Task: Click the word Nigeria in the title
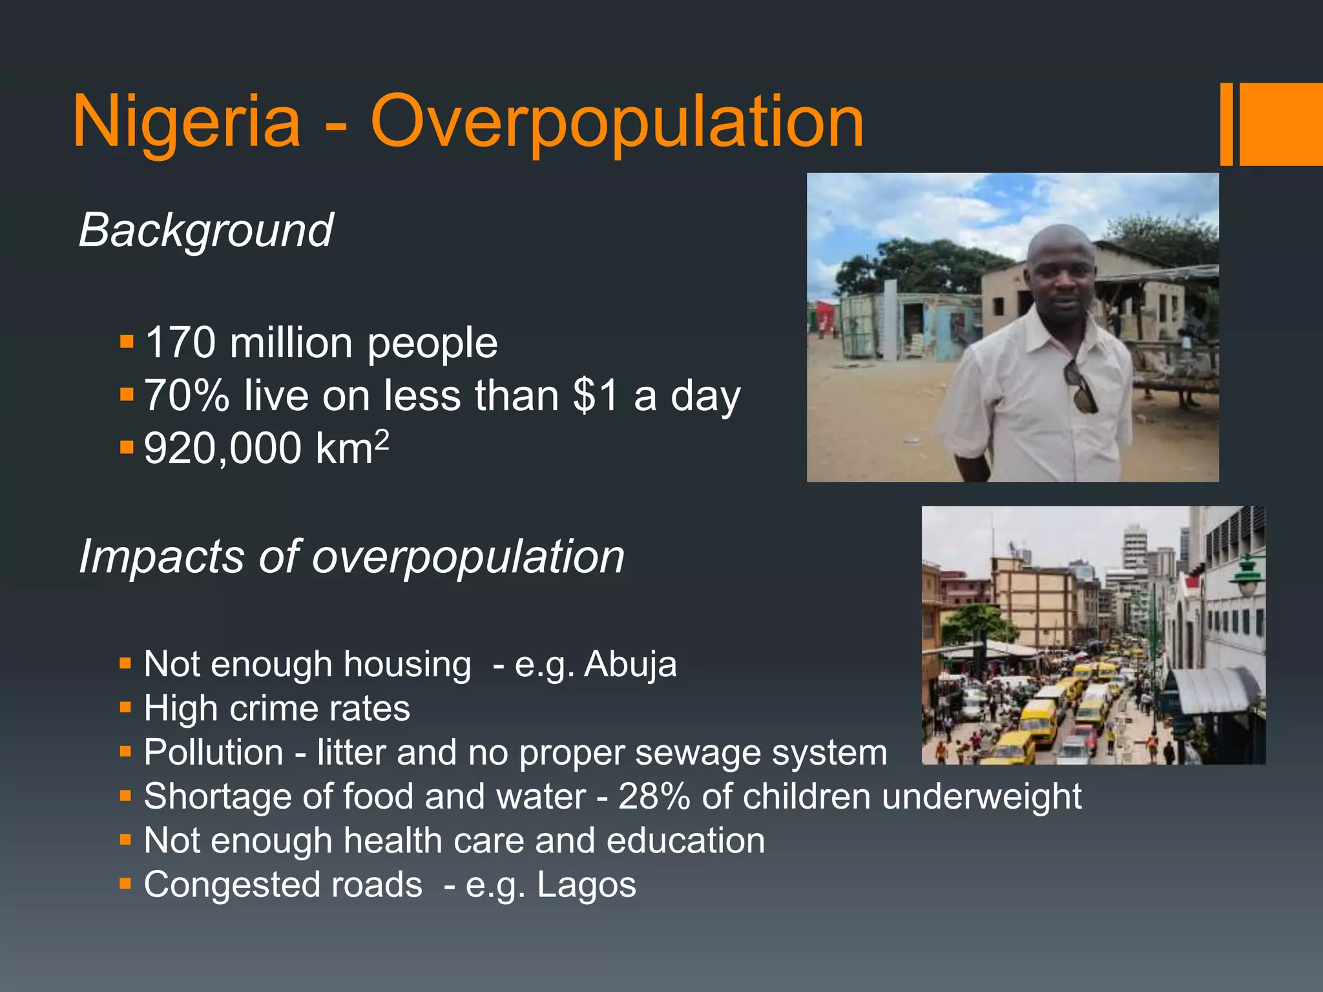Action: coord(187,121)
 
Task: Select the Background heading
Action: coord(205,230)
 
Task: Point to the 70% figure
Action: coord(186,395)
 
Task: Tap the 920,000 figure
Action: coord(222,448)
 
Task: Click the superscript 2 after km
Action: coord(382,440)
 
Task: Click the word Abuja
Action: coord(630,665)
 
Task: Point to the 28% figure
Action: coord(654,796)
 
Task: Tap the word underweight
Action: coord(981,796)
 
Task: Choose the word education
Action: coord(685,841)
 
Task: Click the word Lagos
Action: coord(587,885)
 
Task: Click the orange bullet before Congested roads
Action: coord(125,883)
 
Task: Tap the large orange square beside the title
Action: coord(1281,124)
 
